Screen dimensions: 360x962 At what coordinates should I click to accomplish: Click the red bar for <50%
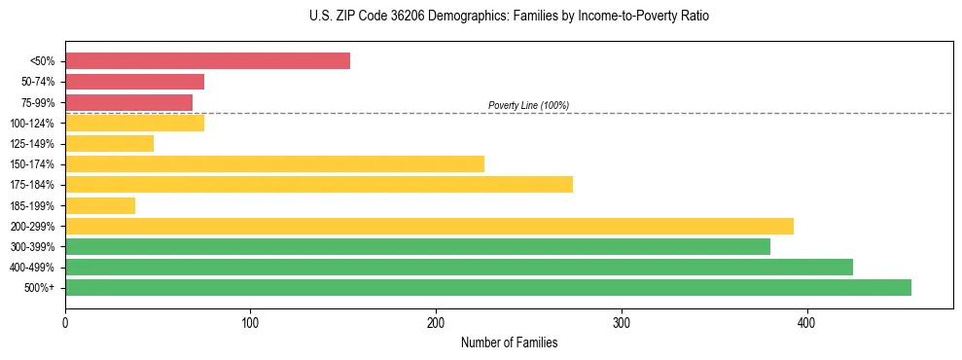tap(207, 61)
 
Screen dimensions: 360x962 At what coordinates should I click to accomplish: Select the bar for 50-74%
tap(134, 82)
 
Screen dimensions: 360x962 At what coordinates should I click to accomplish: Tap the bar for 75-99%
tap(128, 102)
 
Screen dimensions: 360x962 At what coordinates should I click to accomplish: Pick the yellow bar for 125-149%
tap(109, 144)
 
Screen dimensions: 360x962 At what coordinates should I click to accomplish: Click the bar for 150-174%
tap(274, 164)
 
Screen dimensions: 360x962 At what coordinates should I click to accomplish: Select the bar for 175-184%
tap(319, 185)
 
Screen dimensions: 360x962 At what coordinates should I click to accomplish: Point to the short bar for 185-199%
tap(100, 205)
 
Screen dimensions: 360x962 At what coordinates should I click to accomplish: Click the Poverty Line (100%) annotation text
tap(528, 105)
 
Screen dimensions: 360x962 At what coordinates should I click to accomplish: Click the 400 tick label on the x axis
tap(806, 322)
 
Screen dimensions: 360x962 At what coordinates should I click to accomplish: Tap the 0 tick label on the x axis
tap(65, 322)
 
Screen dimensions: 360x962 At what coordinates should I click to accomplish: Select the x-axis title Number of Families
tap(509, 342)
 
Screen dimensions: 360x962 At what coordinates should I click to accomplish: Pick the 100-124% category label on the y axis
tap(32, 124)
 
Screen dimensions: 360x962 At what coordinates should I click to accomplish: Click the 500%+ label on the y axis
tap(40, 288)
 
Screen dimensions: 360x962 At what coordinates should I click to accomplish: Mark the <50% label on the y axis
tap(42, 61)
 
